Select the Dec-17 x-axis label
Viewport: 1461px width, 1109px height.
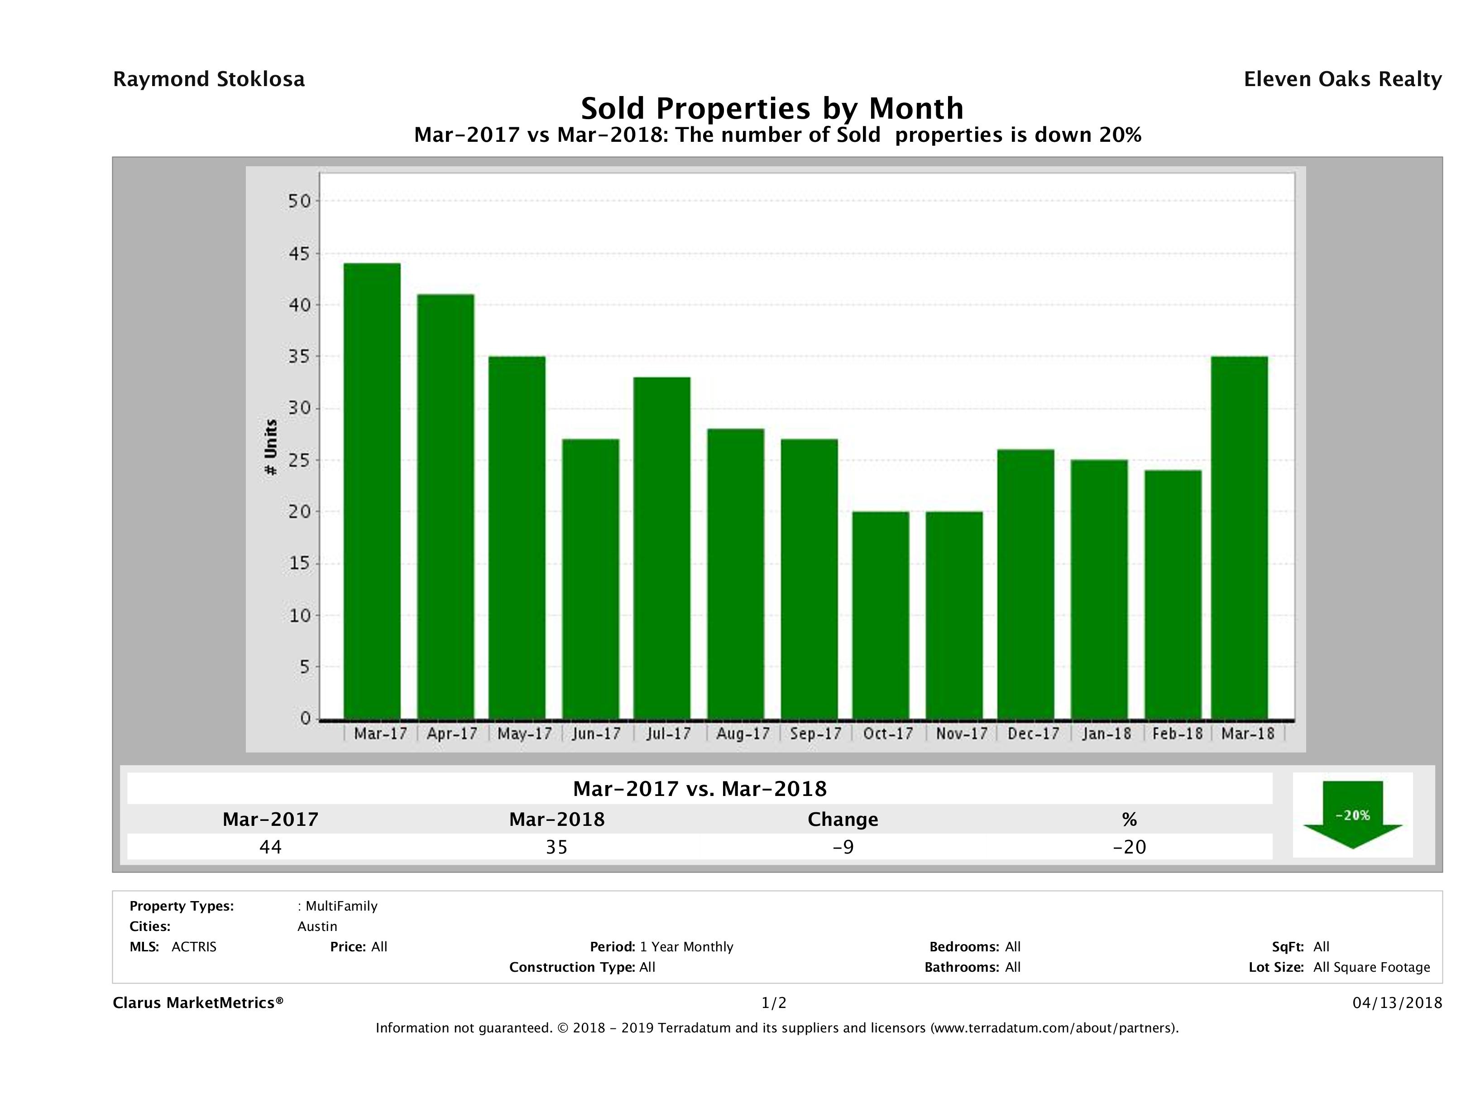click(1033, 733)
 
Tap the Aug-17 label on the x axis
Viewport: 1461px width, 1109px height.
click(743, 733)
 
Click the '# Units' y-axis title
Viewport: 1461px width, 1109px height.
click(271, 448)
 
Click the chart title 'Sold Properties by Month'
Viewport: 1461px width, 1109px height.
click(771, 108)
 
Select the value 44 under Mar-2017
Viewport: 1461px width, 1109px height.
click(270, 847)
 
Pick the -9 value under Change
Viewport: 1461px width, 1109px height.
click(843, 847)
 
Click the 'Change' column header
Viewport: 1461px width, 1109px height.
click(843, 820)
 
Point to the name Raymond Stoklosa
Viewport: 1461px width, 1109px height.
click(209, 79)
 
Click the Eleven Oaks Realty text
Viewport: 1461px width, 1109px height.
click(1342, 79)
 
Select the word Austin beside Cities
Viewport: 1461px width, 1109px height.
click(317, 926)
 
